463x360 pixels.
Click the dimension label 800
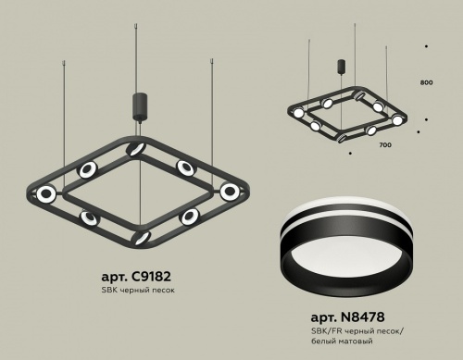coord(426,83)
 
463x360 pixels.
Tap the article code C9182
coord(136,277)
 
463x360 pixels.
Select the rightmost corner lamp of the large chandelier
coord(229,192)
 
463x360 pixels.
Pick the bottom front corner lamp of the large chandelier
coord(141,236)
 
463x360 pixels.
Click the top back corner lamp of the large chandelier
coord(137,149)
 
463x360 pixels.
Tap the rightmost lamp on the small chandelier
coord(398,120)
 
